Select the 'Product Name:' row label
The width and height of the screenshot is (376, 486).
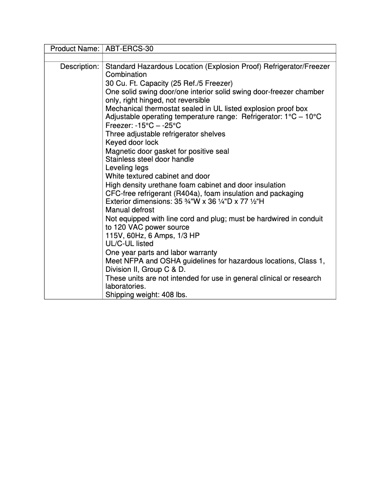coord(75,49)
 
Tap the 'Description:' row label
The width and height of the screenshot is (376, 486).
coord(79,67)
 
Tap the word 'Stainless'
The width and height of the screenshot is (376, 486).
coord(120,159)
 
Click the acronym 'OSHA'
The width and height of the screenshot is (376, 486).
coord(165,261)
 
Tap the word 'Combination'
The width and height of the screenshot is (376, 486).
coord(126,75)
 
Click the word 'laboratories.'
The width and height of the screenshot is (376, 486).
coord(126,286)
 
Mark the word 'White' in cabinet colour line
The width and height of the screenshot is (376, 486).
coord(115,176)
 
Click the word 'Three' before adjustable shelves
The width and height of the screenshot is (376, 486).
coord(115,134)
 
